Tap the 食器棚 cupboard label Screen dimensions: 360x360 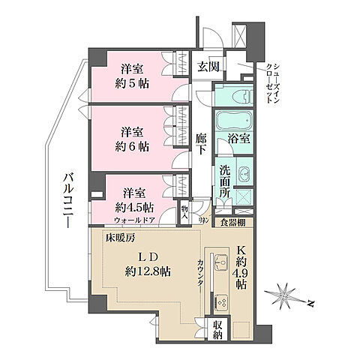coord(237,222)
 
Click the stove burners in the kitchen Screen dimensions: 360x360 coord(223,301)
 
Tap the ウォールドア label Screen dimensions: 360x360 coord(136,220)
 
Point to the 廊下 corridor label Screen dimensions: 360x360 coord(201,144)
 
